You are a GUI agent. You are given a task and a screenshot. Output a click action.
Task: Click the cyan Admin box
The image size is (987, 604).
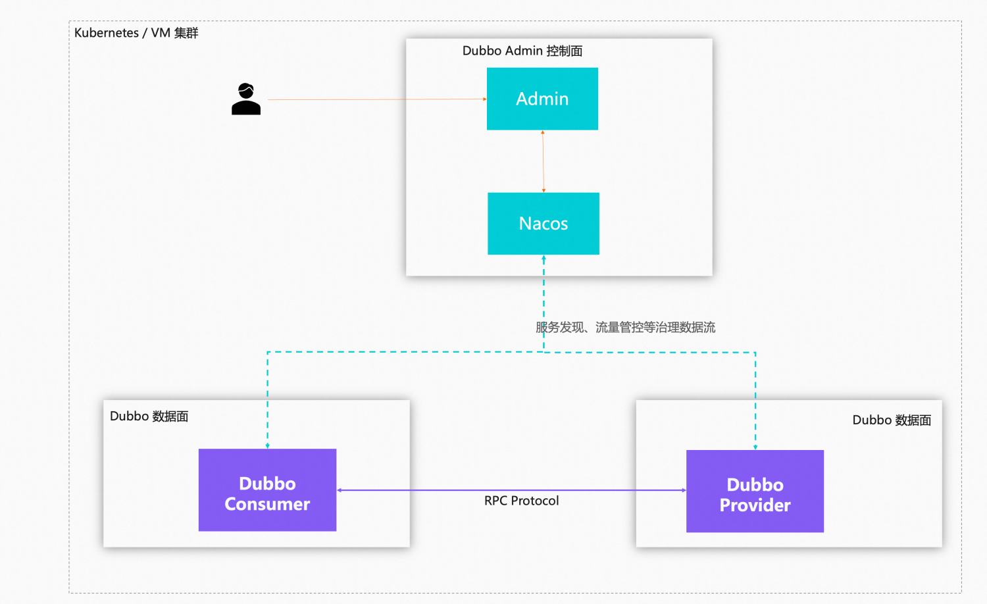point(542,99)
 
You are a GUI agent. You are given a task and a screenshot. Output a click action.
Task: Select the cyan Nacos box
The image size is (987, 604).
point(544,224)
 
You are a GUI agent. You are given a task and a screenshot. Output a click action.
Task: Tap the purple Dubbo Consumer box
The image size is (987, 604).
point(267,490)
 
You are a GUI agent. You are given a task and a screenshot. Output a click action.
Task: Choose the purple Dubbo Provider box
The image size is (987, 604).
point(755,491)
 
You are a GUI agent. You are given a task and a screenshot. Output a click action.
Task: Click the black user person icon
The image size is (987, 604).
point(246,99)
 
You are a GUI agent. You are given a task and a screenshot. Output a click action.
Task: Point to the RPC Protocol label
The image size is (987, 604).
point(521,501)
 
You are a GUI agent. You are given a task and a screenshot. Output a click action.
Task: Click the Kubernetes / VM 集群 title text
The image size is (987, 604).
point(136,33)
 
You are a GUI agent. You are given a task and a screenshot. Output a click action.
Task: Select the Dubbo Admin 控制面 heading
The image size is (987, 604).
point(522,51)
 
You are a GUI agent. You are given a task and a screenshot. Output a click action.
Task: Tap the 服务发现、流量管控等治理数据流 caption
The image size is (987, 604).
point(625,327)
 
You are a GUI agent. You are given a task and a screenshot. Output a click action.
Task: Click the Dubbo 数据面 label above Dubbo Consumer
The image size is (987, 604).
point(149,416)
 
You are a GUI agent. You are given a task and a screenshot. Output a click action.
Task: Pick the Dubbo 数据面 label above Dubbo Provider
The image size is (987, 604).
point(892,420)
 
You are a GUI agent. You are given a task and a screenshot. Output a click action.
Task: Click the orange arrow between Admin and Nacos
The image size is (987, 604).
point(543,161)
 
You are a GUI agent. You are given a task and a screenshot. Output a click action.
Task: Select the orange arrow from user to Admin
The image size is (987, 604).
point(375,99)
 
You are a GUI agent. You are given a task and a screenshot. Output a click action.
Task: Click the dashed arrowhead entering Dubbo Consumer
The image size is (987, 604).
point(268,445)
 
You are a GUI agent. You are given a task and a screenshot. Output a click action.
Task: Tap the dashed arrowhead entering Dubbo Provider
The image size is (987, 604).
point(755,447)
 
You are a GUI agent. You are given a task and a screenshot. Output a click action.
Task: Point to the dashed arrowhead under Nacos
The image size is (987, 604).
point(544,259)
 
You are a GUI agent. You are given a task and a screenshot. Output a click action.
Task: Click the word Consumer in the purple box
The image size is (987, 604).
point(267,505)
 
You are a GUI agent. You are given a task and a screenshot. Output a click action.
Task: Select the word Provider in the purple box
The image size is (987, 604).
point(755,505)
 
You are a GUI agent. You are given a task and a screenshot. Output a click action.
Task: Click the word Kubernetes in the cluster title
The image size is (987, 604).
point(107,33)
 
